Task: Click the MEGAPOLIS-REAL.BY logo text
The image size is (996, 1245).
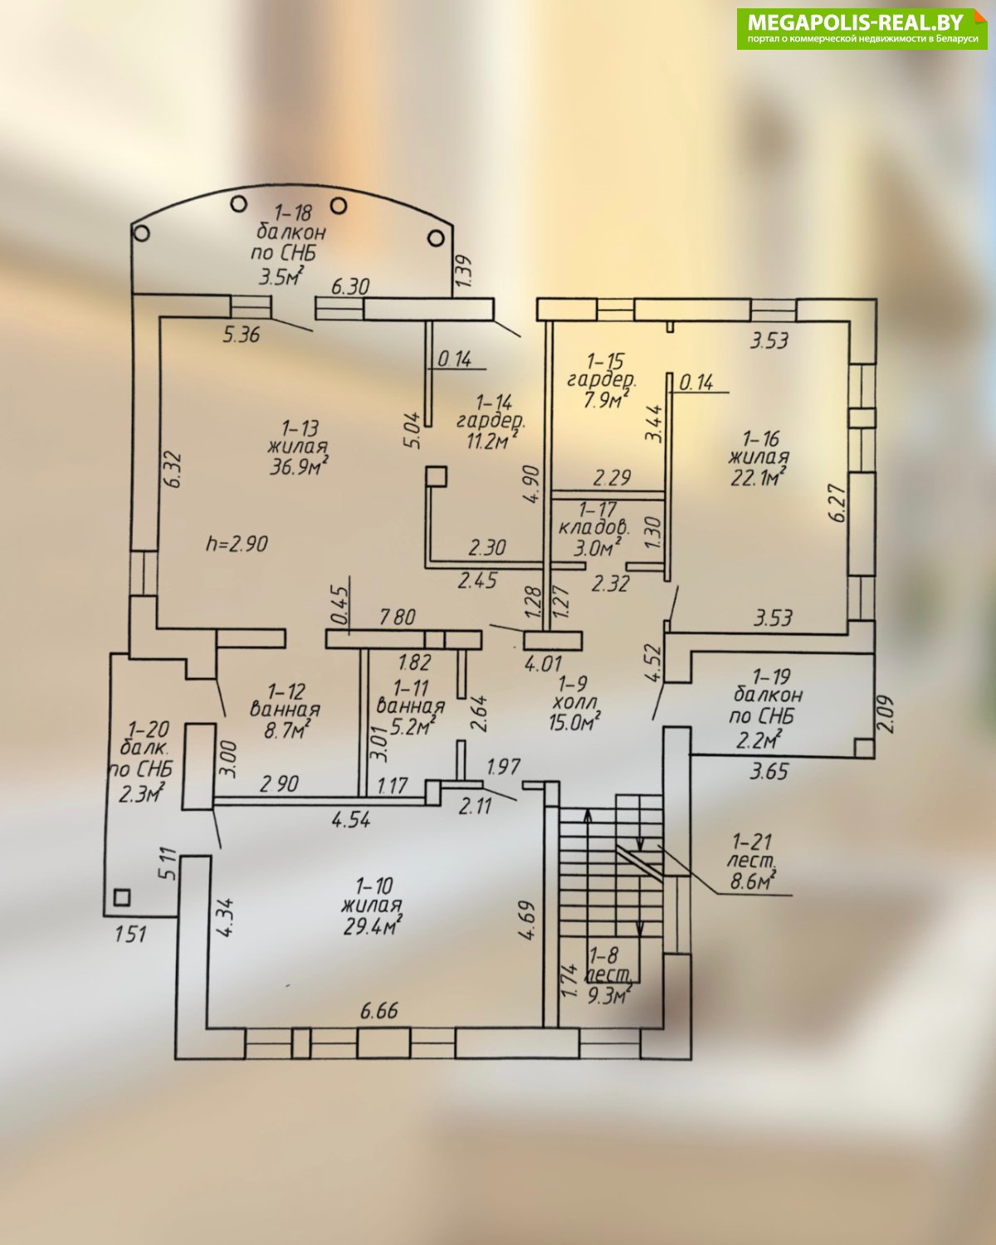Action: click(x=856, y=22)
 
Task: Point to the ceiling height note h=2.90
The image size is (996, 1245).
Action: click(x=237, y=544)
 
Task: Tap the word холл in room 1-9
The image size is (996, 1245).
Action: click(x=574, y=703)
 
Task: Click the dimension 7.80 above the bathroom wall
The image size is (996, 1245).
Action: click(x=396, y=617)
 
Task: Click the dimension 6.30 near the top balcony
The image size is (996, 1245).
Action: click(x=350, y=286)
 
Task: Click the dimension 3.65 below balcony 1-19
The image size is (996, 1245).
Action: click(x=769, y=772)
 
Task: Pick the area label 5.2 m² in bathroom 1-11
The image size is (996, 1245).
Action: click(x=413, y=725)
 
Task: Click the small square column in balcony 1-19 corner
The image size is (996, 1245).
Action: click(x=863, y=748)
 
